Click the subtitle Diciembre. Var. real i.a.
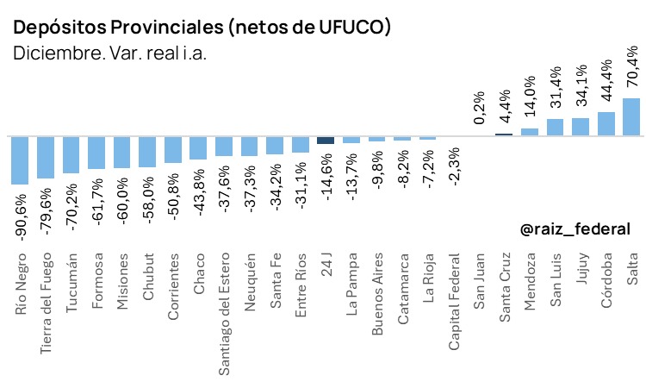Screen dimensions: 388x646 click(x=110, y=53)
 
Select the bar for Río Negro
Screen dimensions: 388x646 click(x=20, y=160)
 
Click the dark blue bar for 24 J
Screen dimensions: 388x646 click(x=326, y=140)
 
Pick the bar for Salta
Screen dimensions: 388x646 click(x=631, y=116)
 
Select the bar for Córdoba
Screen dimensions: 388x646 click(x=606, y=123)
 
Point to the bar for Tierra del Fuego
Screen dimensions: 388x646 click(x=46, y=157)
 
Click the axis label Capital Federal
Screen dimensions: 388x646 click(x=454, y=301)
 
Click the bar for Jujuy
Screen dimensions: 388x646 click(x=581, y=127)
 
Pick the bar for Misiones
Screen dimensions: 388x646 click(x=122, y=152)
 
